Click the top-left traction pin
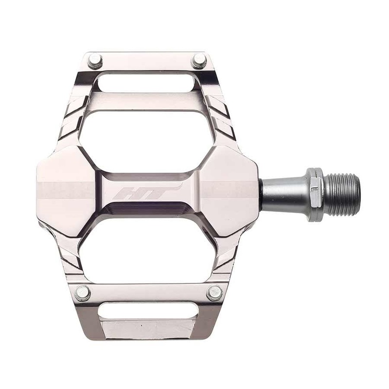click(x=95, y=61)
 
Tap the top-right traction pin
click(x=199, y=61)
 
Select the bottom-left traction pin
click(x=83, y=292)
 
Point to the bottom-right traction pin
click(x=214, y=292)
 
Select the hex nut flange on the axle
click(x=316, y=193)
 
